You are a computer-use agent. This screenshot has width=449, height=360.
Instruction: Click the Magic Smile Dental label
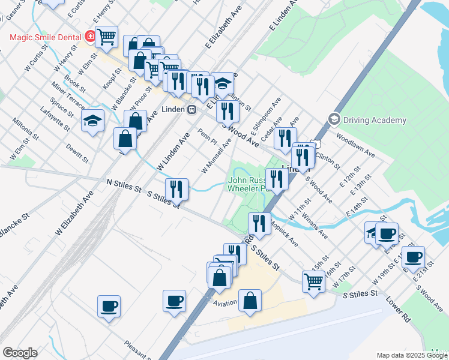45,37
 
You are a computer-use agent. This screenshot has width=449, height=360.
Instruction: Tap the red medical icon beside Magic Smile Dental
90,37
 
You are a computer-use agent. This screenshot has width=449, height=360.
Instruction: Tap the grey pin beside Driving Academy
334,119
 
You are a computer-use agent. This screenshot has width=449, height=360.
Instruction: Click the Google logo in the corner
20,353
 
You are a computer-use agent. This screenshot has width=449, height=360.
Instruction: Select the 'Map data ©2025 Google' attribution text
411,355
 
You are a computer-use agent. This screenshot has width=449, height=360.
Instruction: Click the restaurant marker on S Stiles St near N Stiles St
176,188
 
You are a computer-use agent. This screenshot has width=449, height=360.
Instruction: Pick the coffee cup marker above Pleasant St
109,306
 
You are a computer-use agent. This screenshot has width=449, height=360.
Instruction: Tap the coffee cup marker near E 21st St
413,257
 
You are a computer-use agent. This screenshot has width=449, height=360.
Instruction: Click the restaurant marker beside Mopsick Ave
259,223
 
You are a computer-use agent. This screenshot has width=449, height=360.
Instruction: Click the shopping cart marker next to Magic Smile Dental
106,36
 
